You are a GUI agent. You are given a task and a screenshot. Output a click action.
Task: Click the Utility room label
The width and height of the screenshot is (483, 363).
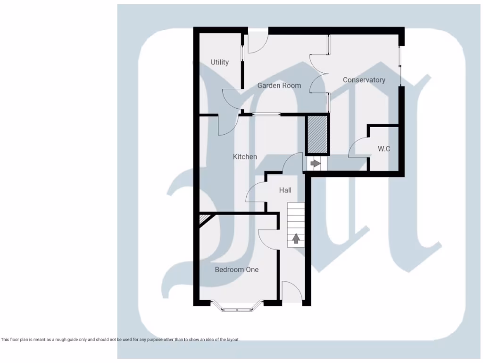click(220, 62)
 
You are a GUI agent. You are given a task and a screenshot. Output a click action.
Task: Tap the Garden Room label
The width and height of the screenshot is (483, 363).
click(279, 86)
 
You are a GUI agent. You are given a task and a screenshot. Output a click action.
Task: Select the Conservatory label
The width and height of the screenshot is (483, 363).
click(364, 80)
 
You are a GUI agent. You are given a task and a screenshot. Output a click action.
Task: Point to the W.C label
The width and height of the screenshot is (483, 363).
click(384, 149)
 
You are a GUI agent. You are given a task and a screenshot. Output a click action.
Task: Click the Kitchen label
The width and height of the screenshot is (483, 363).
click(245, 156)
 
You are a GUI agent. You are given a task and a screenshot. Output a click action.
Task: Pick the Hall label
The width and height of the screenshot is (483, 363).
click(285, 190)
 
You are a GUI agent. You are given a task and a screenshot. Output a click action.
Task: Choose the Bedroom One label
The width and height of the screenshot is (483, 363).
click(236, 269)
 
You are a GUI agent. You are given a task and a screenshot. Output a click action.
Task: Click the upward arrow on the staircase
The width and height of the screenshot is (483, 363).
click(296, 239)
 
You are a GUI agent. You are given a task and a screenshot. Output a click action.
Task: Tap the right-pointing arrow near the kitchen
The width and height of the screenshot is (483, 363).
click(315, 164)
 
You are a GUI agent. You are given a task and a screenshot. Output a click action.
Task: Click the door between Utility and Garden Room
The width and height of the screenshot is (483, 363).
click(231, 98)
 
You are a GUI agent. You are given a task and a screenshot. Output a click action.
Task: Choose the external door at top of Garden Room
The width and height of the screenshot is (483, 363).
click(258, 43)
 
